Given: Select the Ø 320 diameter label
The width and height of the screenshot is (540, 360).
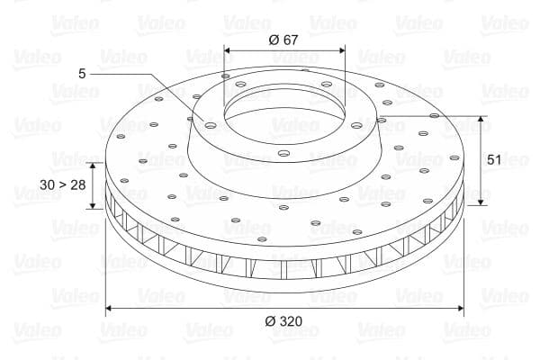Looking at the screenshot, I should (285, 322).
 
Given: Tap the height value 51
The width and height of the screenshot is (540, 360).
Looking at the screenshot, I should (493, 159).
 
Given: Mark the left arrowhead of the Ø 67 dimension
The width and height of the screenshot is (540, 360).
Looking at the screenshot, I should (227, 49).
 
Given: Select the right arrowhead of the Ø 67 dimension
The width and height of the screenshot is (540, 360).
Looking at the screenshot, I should (342, 49).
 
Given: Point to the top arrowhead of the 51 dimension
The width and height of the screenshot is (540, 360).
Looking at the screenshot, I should (481, 119).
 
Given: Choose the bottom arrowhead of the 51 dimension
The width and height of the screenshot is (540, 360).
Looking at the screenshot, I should (481, 202).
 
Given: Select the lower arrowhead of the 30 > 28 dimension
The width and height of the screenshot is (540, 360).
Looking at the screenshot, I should (93, 206).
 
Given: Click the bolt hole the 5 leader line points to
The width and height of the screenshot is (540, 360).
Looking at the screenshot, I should (210, 126).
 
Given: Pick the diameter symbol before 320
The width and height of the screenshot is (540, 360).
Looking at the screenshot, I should (271, 322).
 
